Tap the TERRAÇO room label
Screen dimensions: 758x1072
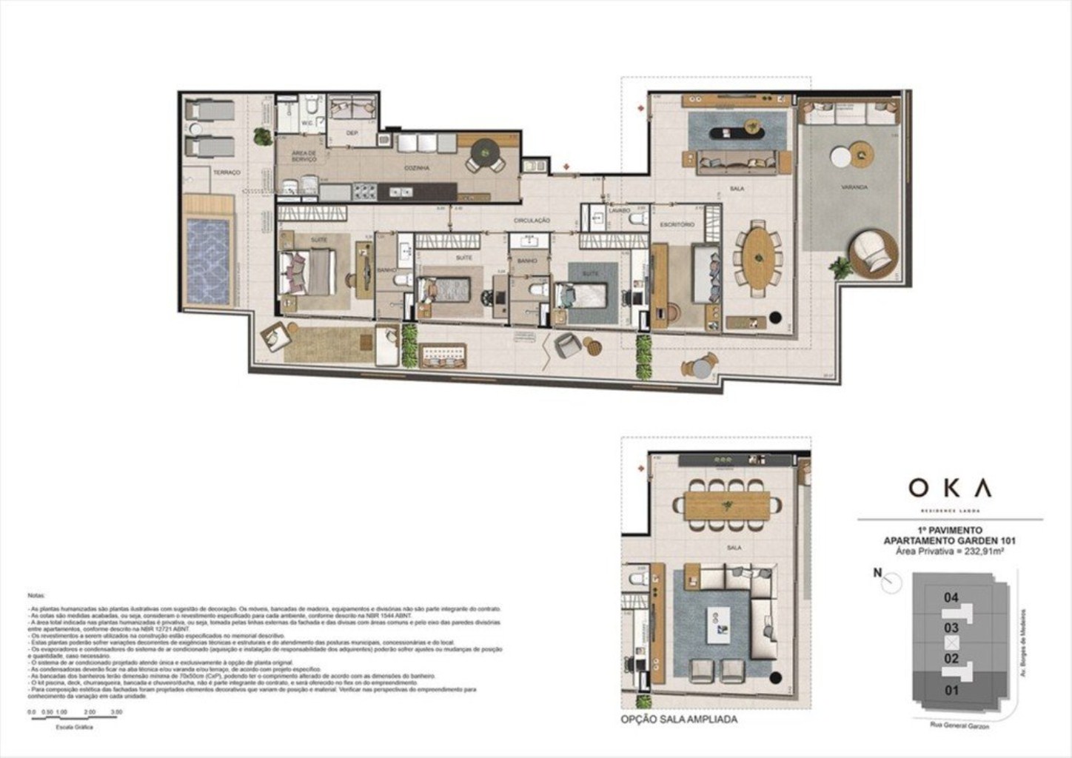coord(227,172)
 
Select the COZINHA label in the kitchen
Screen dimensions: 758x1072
coord(417,169)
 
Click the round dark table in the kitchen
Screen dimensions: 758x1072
coord(485,153)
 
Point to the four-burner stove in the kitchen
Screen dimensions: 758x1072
coord(364,192)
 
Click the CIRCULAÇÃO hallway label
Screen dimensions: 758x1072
coord(532,221)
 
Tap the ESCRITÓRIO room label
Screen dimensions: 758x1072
coord(677,224)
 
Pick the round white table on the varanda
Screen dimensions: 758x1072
coord(840,157)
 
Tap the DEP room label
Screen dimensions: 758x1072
coord(352,133)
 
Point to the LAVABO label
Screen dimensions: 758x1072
coord(619,211)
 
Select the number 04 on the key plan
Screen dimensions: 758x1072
coord(951,597)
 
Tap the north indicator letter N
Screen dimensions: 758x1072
coord(877,572)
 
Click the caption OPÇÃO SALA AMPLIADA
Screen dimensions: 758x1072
coord(679,719)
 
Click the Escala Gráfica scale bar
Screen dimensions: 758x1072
coord(74,719)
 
